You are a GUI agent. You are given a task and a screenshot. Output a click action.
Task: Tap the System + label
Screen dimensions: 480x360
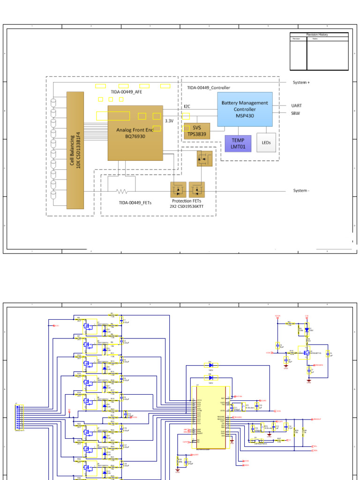coord(301,82)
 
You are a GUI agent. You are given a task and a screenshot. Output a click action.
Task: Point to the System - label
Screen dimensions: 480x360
coord(301,191)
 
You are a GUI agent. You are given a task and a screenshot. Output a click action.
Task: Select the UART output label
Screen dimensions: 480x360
coord(296,106)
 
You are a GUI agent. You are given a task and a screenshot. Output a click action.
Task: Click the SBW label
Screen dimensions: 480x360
coord(295,113)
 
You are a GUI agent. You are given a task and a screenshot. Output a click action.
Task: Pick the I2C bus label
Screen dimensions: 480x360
coord(187,106)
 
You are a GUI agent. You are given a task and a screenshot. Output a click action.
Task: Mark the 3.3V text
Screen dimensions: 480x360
coord(169,120)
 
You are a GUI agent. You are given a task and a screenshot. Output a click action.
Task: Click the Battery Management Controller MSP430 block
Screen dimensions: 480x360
coord(245,109)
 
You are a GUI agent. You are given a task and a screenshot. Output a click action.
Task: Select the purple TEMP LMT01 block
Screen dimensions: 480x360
coord(238,143)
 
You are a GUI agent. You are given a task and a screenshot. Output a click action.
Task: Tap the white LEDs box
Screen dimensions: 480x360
coord(266,142)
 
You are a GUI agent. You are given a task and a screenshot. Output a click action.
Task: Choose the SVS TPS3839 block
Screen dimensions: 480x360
coord(196,131)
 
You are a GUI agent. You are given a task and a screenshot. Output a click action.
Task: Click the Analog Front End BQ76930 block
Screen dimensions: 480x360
coord(135,133)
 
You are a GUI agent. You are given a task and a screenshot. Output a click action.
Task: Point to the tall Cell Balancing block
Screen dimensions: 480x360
coord(75,150)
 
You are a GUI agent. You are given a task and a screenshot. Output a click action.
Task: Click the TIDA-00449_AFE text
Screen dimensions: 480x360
coord(126,92)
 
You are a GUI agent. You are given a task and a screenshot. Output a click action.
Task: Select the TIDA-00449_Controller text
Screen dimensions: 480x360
coord(209,88)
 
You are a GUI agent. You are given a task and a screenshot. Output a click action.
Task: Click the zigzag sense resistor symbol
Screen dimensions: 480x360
coord(122,191)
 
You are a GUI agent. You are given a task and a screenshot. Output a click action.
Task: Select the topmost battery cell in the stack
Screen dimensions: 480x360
coord(53,102)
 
